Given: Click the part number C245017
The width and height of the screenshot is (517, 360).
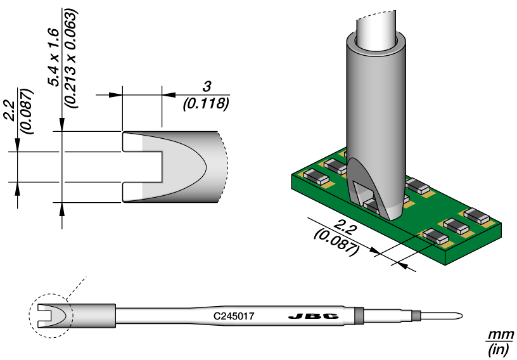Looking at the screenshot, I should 234,315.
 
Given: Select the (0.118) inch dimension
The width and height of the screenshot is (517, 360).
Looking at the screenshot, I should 205,103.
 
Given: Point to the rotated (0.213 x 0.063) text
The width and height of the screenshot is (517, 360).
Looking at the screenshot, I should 71,57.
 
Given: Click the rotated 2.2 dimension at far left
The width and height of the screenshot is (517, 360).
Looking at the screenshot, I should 8,109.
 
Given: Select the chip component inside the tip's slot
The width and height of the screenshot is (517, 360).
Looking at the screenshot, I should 374,204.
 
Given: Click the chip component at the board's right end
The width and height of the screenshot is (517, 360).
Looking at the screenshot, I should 480,215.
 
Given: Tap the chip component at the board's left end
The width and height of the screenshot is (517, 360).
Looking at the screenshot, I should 315,176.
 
